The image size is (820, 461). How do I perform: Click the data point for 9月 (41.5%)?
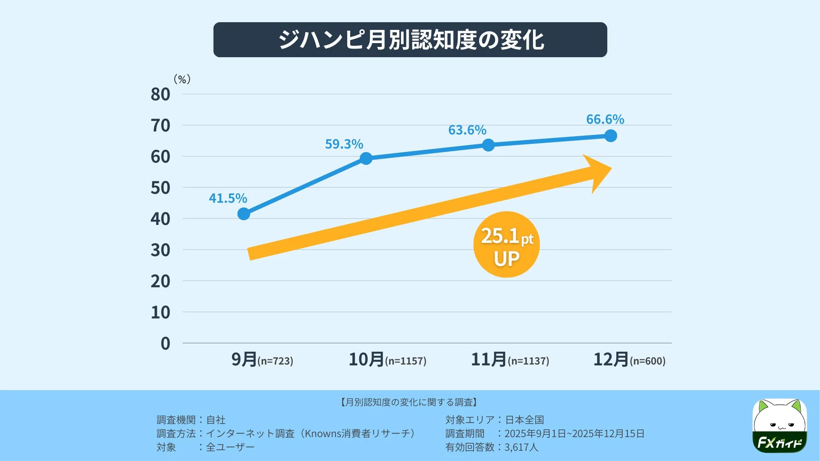point(243,214)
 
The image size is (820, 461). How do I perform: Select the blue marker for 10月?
point(366,158)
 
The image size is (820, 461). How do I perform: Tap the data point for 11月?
point(488,145)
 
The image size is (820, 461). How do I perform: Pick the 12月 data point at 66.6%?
point(611,136)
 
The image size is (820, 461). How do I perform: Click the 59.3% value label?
point(344,144)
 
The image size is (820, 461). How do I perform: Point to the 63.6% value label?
point(467,130)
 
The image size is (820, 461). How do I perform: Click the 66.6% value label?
point(605,120)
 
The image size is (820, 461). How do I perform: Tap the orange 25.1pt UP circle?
point(507,245)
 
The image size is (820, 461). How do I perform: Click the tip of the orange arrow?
point(610,169)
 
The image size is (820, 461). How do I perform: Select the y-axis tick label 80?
point(160,94)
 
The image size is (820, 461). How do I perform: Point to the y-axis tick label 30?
point(160,250)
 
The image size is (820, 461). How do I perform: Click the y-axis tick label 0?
point(165,344)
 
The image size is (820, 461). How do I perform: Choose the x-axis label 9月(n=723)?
point(262,359)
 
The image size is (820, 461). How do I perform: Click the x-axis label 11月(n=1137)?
point(510,359)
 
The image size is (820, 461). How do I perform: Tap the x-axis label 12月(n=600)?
point(629,359)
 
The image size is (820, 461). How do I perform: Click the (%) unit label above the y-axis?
point(182,79)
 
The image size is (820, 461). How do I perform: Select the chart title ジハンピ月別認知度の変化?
point(410,40)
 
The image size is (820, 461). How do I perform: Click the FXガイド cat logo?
point(779,426)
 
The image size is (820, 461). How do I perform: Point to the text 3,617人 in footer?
point(521,447)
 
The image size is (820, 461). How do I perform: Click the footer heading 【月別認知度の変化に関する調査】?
point(409,402)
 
